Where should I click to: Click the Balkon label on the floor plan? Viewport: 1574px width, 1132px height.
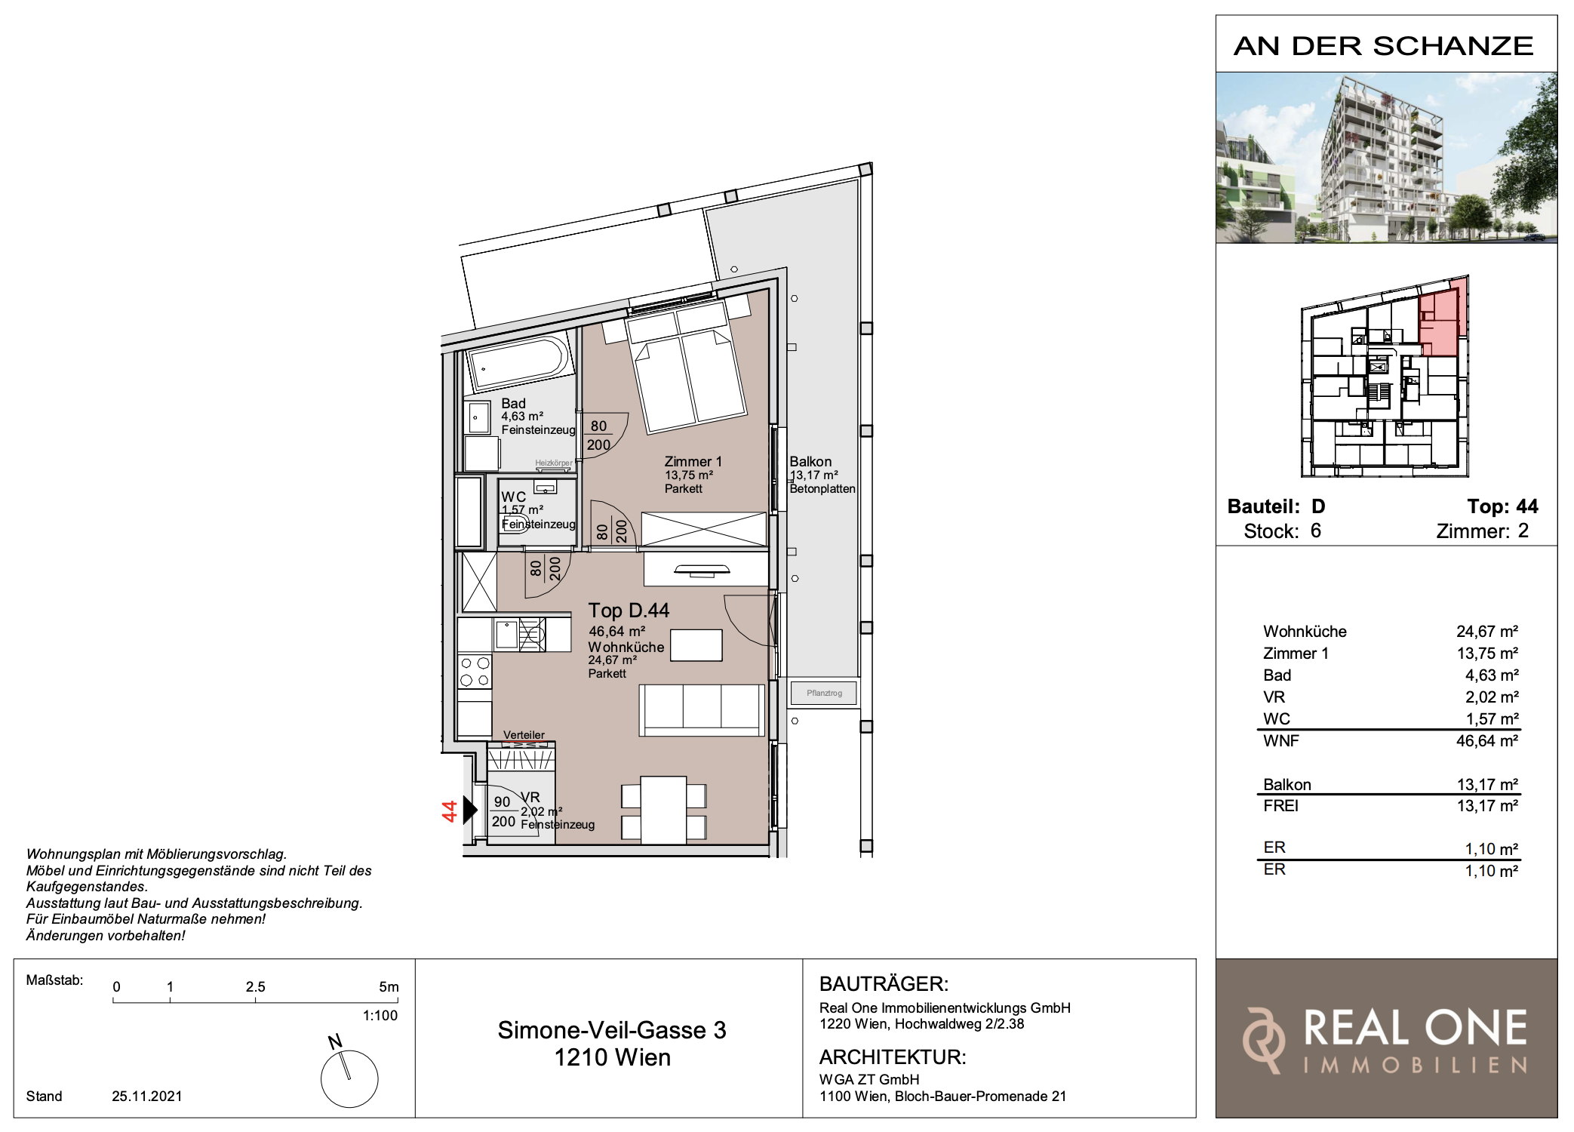point(810,461)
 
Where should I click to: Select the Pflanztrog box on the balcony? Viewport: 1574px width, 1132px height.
point(824,693)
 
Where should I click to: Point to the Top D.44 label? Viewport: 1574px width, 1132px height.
point(629,610)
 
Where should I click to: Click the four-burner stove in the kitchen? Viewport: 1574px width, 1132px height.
point(475,672)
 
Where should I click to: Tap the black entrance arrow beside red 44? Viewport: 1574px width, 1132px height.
point(470,810)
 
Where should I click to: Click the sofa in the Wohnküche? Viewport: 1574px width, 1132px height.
point(702,710)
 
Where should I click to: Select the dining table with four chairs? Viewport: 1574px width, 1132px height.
point(664,811)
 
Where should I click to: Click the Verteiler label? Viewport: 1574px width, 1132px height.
point(524,735)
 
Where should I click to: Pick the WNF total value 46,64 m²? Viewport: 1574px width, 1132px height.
point(1487,741)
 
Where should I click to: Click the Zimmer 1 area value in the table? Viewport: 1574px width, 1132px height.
point(1487,654)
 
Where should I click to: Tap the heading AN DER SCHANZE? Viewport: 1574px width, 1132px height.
point(1384,46)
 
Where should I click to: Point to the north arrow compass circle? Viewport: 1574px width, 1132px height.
point(349,1078)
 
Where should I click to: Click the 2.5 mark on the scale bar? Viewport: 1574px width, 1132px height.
point(256,987)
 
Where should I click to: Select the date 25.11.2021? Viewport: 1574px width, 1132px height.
point(147,1096)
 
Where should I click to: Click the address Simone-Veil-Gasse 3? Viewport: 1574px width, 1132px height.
point(612,1030)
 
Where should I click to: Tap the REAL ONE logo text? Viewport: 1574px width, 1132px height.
point(1416,1028)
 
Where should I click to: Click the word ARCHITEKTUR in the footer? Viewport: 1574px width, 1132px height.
point(893,1057)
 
